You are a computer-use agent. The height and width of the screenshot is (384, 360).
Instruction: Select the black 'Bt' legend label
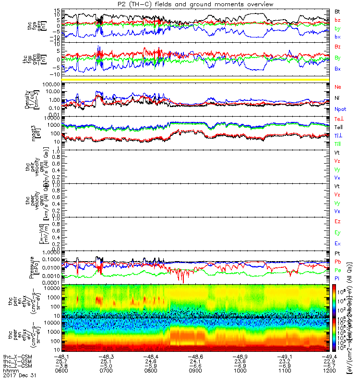point(337,11)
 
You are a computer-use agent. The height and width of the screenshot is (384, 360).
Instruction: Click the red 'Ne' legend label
point(338,87)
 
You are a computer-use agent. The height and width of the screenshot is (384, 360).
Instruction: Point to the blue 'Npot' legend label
point(340,109)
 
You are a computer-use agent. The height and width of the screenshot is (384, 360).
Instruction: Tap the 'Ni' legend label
point(337,98)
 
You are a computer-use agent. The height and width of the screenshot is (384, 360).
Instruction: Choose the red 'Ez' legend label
point(338,222)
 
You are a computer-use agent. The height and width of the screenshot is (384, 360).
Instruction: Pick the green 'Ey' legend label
point(338,233)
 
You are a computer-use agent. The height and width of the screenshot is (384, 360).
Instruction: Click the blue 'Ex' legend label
point(338,244)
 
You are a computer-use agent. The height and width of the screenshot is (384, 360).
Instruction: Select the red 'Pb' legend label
point(338,262)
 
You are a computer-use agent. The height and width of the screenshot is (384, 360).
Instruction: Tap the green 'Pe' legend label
point(338,270)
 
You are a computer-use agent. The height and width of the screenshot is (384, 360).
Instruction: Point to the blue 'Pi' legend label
point(337,278)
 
